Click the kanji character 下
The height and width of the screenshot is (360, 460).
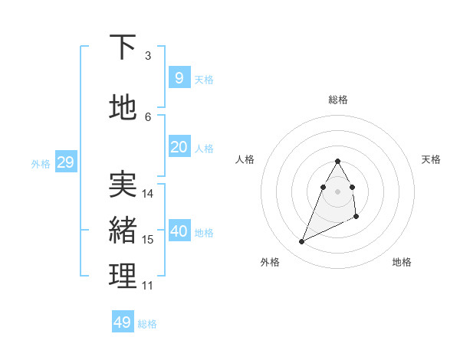pos(123,47)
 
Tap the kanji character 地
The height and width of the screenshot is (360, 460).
pos(123,107)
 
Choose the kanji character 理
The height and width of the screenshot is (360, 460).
pos(123,276)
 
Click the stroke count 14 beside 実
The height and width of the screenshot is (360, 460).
pos(149,194)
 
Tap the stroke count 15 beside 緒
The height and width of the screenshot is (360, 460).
pos(149,240)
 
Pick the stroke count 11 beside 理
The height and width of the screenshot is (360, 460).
pos(148,286)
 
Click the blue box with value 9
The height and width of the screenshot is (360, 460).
pos(179,77)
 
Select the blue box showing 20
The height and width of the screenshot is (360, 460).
pos(179,147)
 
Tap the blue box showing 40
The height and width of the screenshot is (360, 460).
pos(179,231)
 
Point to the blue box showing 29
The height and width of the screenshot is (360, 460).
pos(65,162)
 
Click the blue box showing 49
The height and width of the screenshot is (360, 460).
pos(123,322)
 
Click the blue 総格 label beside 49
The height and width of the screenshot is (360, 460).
pos(148,324)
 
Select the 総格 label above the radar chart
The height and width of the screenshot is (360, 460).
pos(338,100)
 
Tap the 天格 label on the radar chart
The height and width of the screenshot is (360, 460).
pos(431,159)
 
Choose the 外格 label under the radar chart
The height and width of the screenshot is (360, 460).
pos(270,262)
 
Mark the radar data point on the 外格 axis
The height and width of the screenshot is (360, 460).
pos(301,242)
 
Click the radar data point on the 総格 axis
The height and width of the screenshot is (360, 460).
pos(337,162)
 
